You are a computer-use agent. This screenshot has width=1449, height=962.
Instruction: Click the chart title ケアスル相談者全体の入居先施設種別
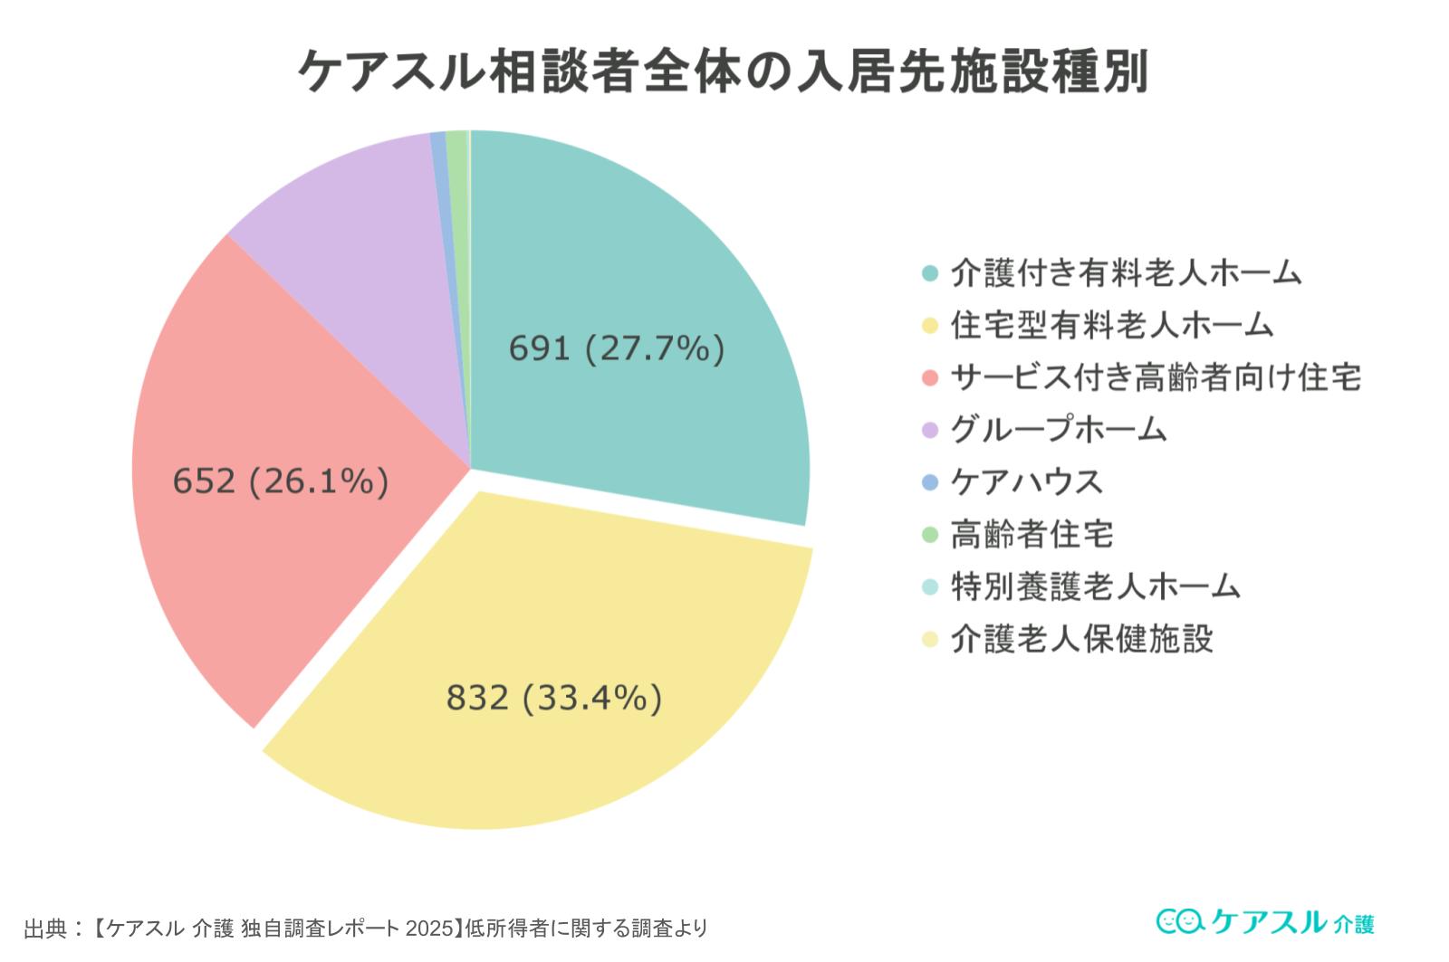[723, 70]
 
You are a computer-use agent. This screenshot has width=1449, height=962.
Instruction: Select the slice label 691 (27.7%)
[616, 348]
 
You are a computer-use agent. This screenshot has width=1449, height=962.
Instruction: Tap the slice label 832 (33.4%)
[554, 698]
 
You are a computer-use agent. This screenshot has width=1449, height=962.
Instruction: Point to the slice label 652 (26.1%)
[281, 481]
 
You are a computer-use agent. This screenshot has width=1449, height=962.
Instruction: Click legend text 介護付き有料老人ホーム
[1126, 272]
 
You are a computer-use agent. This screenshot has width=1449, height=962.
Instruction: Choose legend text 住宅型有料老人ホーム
[1111, 325]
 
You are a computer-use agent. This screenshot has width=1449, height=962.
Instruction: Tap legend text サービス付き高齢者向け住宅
[1156, 377]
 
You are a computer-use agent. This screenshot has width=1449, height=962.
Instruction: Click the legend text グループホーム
[1058, 429]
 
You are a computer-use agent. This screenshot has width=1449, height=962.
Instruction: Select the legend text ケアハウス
[1026, 481]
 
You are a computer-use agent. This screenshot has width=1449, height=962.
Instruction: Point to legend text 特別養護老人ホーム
[1095, 586]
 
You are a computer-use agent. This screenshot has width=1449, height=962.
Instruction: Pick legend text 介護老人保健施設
[1081, 639]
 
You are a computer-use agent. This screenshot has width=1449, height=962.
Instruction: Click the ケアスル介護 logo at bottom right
[1265, 921]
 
